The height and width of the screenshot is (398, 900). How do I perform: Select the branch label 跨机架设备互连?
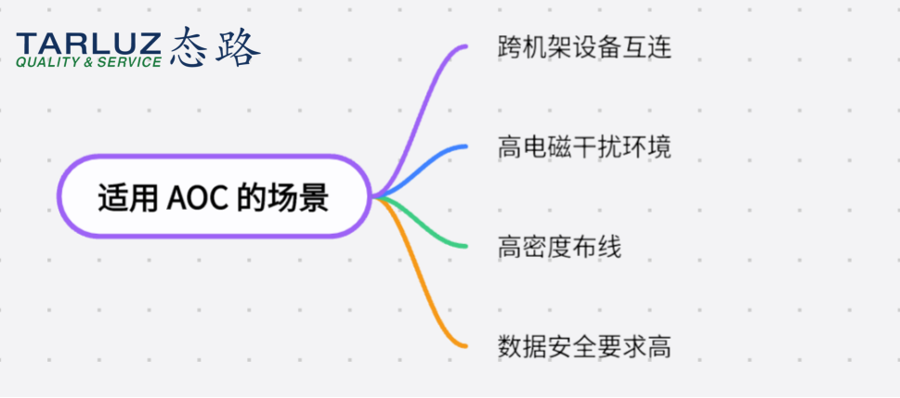coord(584,47)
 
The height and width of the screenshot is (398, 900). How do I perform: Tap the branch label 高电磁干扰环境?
coord(584,148)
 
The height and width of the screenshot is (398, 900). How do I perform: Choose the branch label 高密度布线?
coord(560,247)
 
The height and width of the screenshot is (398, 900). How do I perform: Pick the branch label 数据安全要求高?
coord(584,347)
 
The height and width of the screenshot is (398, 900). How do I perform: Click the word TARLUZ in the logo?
coord(89,45)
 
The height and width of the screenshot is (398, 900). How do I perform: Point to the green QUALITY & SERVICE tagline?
coord(89,62)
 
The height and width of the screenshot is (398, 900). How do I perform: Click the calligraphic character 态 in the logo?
coord(189,47)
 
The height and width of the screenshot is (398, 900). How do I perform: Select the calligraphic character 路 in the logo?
coord(238,47)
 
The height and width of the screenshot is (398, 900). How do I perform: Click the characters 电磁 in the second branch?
coord(547,148)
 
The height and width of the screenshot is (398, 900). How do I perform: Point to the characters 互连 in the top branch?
coord(646,47)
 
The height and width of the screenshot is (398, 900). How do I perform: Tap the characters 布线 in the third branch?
coord(597,247)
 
